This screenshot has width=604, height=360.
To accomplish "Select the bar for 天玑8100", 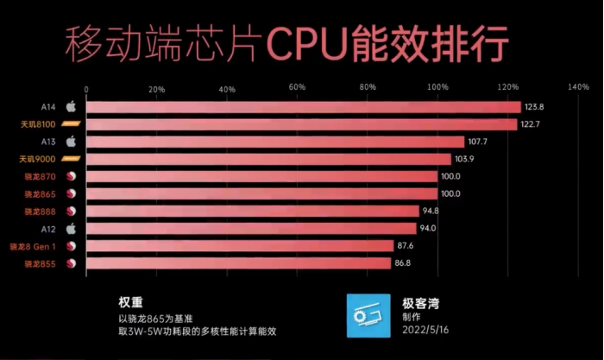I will [302, 124].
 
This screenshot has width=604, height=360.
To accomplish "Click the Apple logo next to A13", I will [72, 142].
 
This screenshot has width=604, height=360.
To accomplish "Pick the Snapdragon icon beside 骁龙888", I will [72, 212].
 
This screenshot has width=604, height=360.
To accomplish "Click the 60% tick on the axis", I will [297, 88].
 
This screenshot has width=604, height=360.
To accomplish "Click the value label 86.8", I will [403, 263].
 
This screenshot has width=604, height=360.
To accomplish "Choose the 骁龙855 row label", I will [40, 263].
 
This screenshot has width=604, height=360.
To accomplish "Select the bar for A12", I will [251, 229].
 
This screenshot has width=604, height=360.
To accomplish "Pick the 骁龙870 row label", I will [40, 177].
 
